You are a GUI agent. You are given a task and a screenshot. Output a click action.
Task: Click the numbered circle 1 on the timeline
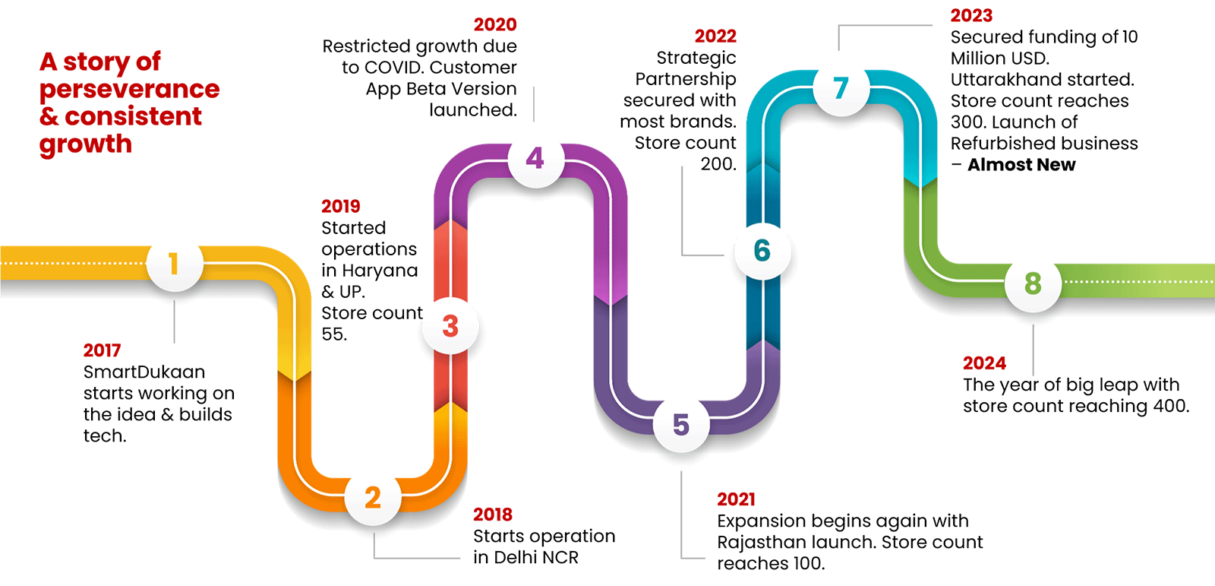coord(175,264)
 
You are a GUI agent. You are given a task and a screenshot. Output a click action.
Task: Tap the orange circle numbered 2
coord(372,498)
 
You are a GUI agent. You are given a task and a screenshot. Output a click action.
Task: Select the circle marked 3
coord(450,326)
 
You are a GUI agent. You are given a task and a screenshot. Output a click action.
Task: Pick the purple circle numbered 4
coord(535,158)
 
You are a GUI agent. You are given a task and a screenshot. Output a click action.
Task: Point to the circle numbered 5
coord(681,424)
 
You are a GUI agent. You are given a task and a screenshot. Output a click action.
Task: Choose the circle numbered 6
coord(762,251)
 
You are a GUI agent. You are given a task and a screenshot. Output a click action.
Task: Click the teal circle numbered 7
coord(841,88)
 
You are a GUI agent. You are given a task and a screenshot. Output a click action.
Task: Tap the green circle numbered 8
coord(1033,283)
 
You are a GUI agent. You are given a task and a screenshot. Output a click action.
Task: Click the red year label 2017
coord(102,350)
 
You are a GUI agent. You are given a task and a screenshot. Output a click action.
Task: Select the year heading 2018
coord(492,515)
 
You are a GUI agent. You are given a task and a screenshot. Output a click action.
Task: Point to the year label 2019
coord(340,206)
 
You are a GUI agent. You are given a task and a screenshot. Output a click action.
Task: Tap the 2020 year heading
coord(495,24)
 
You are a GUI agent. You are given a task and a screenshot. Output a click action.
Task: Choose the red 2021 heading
coord(736,499)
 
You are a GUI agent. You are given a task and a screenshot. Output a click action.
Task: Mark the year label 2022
coord(715,36)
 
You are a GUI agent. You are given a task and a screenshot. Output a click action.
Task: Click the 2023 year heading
coord(971,15)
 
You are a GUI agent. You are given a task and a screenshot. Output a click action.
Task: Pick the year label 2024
coord(984,363)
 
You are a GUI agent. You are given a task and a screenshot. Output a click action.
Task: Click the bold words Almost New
coord(1021,165)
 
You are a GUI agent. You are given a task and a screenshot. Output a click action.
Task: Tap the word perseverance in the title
coord(129,90)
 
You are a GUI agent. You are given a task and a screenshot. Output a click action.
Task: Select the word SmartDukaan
coord(144,372)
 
